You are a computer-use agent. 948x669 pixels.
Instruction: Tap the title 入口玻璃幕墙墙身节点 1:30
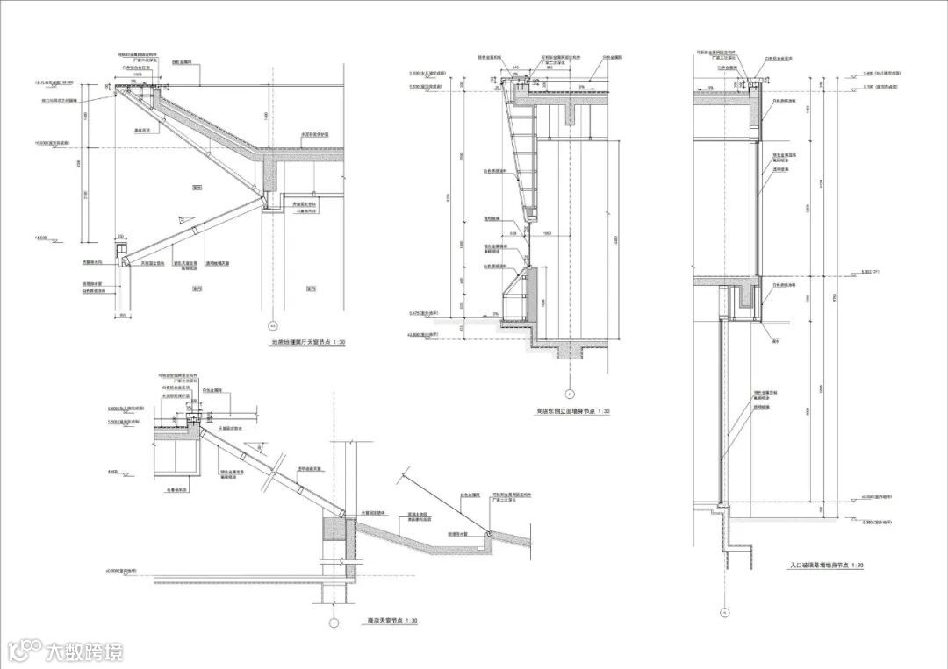click(x=826, y=566)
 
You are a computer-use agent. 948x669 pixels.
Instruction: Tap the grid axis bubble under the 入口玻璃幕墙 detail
click(x=725, y=612)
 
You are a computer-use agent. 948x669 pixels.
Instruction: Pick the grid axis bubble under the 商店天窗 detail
click(x=333, y=623)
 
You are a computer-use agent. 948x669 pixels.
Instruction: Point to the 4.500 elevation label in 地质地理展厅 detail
click(x=41, y=237)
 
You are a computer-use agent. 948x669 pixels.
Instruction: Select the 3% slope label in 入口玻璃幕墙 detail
click(x=709, y=87)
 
